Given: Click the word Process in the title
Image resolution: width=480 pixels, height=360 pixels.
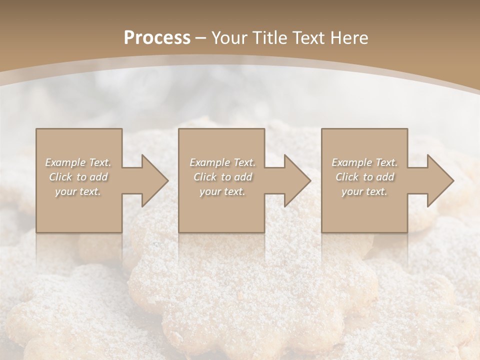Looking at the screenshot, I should coord(157,38).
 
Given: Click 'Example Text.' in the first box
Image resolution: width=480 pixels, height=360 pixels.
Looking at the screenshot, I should coord(78,162).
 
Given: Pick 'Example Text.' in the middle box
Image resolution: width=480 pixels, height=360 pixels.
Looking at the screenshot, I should coord(222,162).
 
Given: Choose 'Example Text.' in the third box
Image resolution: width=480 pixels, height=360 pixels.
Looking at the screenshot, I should coord(364,162).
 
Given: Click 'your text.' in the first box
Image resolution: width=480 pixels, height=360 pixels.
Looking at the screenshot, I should coord(78,191).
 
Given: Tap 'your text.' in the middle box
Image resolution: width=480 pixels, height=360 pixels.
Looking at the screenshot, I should coord(222,191).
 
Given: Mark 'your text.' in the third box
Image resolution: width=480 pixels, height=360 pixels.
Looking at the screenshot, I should coord(364,191).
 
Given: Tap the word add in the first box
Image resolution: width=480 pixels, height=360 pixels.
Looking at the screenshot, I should coord(99,177).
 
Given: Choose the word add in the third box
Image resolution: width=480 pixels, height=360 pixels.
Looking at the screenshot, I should coord(385,177).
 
